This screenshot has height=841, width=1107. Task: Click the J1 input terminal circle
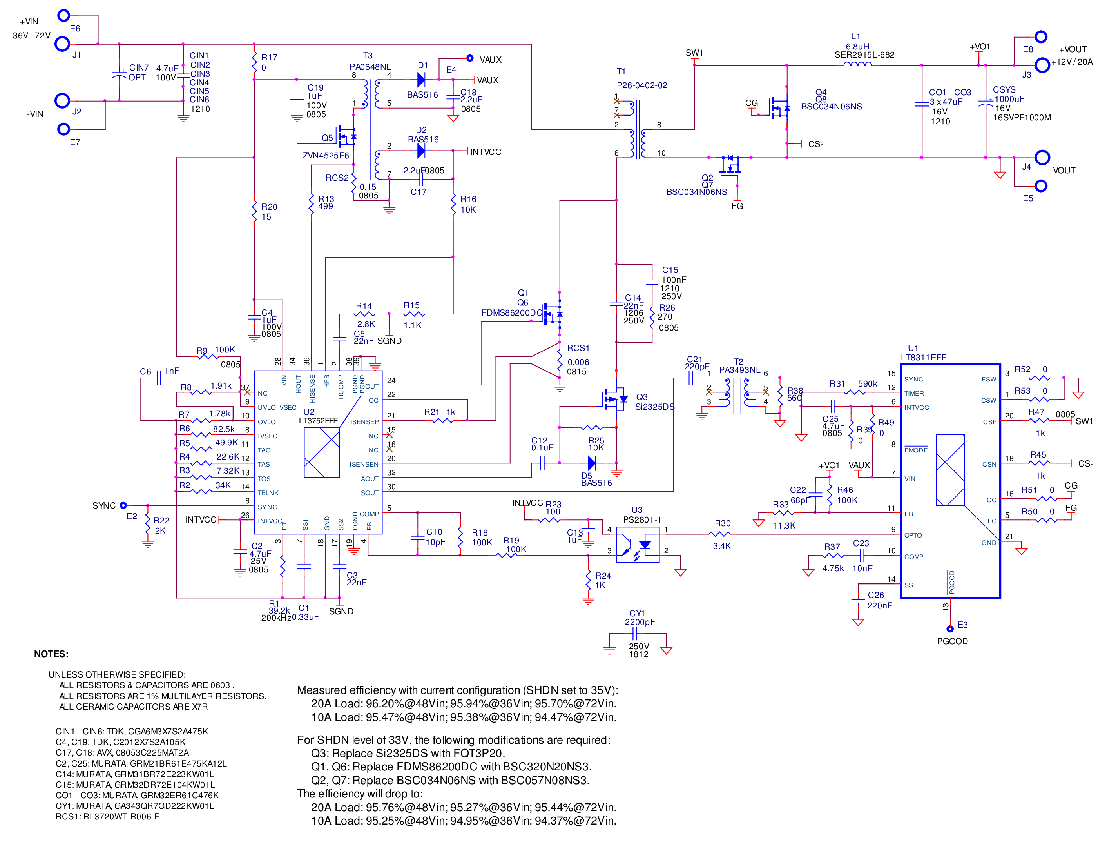tap(62, 44)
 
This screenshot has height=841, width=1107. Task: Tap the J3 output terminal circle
tap(1042, 65)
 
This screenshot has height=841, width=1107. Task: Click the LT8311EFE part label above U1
tap(924, 358)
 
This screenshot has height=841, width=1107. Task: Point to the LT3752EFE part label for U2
tap(318, 420)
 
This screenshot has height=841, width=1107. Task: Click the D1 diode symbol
tap(421, 79)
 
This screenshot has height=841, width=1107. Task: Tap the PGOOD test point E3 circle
tap(950, 629)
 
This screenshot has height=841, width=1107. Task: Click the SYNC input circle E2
tap(123, 506)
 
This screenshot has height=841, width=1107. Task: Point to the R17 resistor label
tap(269, 58)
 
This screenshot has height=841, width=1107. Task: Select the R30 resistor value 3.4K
tap(722, 546)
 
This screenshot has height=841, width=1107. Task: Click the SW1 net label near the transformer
tap(695, 53)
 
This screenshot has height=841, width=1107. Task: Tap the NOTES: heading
tap(51, 654)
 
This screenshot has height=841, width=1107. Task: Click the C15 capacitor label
tap(670, 270)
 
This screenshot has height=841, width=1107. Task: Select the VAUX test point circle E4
tap(470, 58)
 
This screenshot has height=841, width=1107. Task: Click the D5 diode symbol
tap(592, 463)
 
